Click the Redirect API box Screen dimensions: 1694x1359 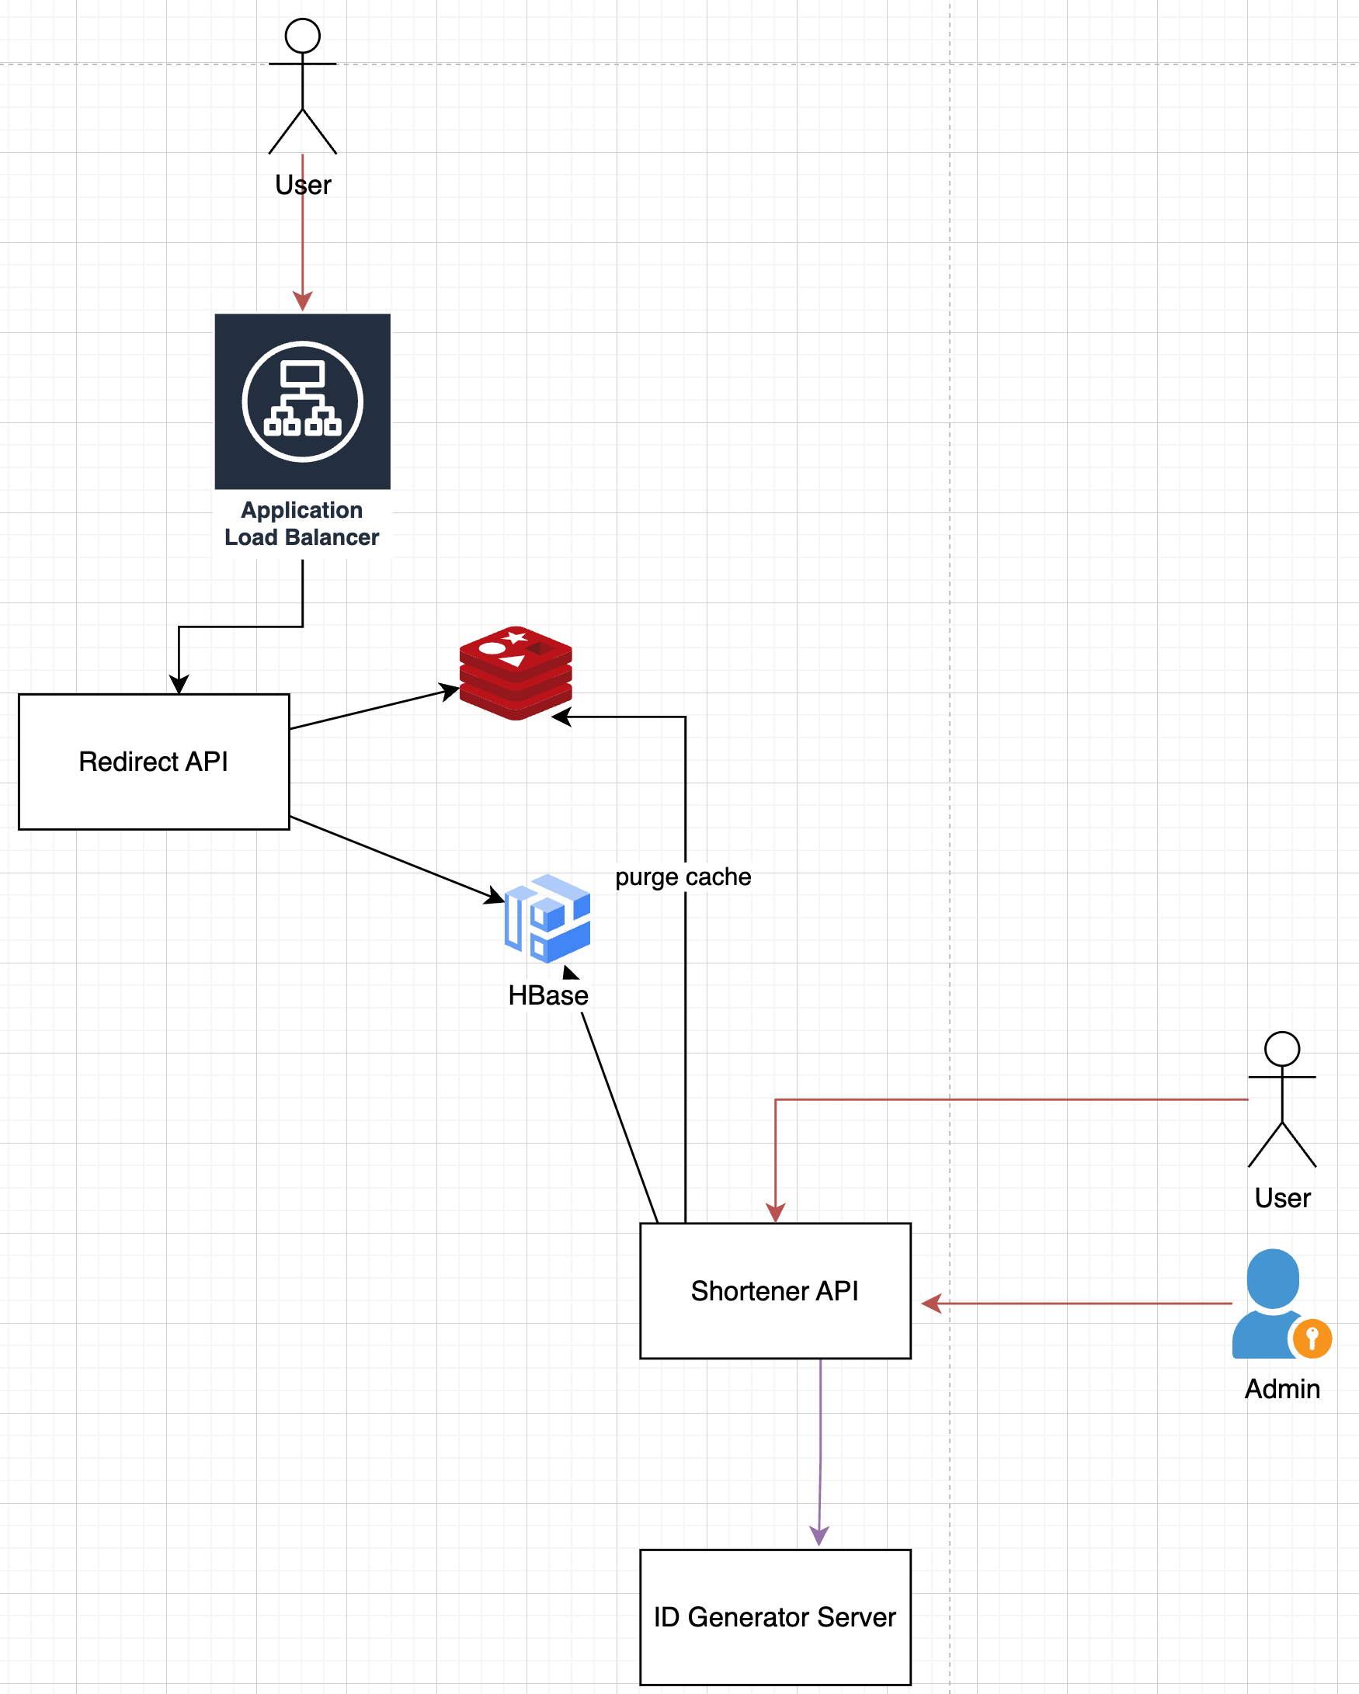click(x=154, y=762)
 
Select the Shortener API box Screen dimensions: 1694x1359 click(x=775, y=1291)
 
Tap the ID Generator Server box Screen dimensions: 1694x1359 click(x=775, y=1617)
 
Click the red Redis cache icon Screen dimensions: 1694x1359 click(x=516, y=672)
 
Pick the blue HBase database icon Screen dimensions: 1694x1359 click(x=547, y=918)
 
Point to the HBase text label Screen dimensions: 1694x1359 click(x=547, y=995)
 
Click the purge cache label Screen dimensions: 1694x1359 click(x=683, y=877)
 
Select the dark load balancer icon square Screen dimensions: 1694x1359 click(x=303, y=401)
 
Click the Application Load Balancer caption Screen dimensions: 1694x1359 click(x=302, y=524)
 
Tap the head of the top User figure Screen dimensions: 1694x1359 click(x=303, y=36)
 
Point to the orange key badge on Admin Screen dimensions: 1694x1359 click(x=1312, y=1338)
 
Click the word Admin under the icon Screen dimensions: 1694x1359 click(x=1282, y=1389)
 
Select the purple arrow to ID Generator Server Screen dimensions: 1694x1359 click(x=820, y=1453)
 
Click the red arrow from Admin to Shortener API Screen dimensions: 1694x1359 click(x=1077, y=1303)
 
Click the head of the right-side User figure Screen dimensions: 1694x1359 click(x=1282, y=1049)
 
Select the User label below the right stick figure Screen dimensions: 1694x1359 click(x=1282, y=1198)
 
